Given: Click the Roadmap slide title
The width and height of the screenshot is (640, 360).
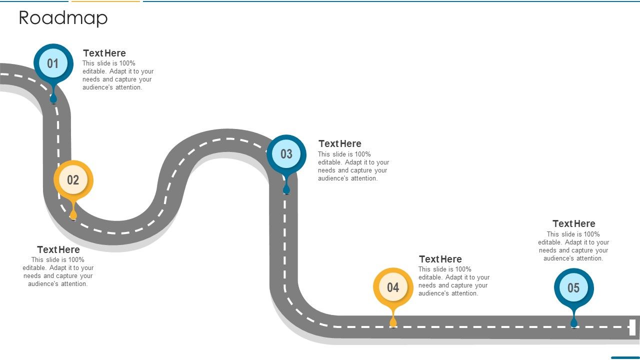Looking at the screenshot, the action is point(63,17).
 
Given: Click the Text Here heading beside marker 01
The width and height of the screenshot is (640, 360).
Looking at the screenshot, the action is point(104,53).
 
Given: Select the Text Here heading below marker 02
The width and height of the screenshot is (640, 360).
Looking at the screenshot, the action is point(58,249).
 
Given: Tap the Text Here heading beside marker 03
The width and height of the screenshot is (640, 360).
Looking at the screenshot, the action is point(339,143).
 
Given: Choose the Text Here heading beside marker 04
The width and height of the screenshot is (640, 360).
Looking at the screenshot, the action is point(440,259).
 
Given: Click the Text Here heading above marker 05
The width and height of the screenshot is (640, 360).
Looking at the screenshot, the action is point(573,223).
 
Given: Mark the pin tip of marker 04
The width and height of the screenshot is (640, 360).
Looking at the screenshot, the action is point(393,326).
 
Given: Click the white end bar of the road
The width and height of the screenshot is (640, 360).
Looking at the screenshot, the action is point(632,327).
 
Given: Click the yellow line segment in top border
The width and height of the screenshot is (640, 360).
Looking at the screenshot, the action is point(105,1).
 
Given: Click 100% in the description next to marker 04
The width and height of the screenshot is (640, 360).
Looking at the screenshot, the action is point(463,269).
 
